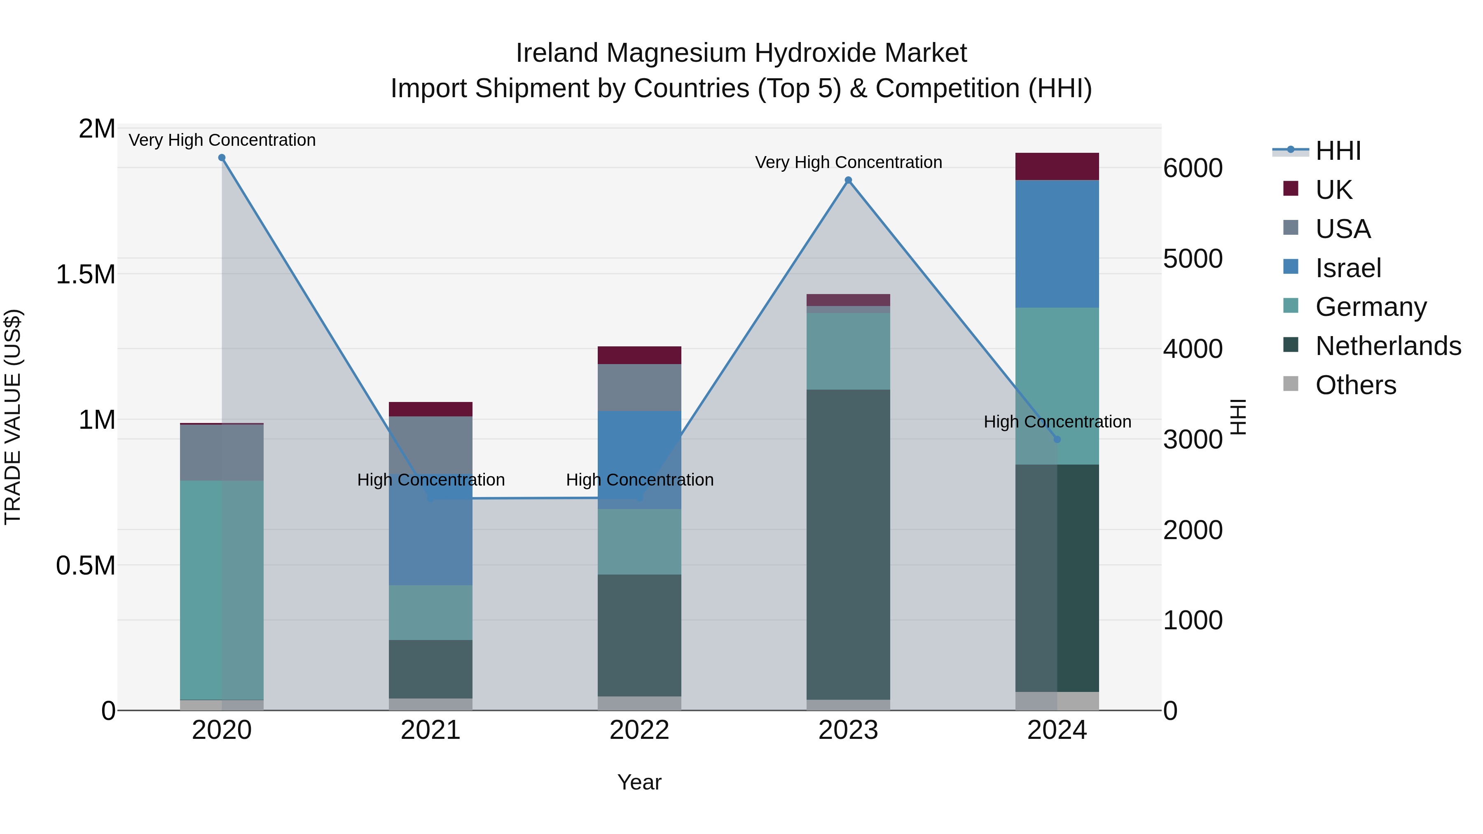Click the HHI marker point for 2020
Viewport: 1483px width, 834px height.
tap(222, 158)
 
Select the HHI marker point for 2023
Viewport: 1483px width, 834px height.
tap(848, 180)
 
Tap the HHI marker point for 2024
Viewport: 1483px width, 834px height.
tap(1057, 439)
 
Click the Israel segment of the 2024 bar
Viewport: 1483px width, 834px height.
tap(1057, 244)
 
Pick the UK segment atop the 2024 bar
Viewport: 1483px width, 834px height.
tap(1057, 166)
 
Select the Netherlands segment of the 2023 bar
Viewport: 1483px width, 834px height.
tap(848, 544)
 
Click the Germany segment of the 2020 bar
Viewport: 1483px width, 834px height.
tap(222, 590)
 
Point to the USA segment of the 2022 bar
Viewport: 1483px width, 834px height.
tap(639, 388)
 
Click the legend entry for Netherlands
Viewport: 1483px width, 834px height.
tap(1387, 346)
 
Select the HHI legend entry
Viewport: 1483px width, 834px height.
tap(1337, 151)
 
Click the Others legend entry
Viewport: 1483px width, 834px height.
tap(1355, 385)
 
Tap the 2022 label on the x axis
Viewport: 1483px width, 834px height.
tap(639, 730)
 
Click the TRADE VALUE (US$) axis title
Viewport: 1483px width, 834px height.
tap(13, 417)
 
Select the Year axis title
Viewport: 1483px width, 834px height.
tap(639, 782)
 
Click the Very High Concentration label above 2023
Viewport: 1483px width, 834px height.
tap(848, 162)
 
